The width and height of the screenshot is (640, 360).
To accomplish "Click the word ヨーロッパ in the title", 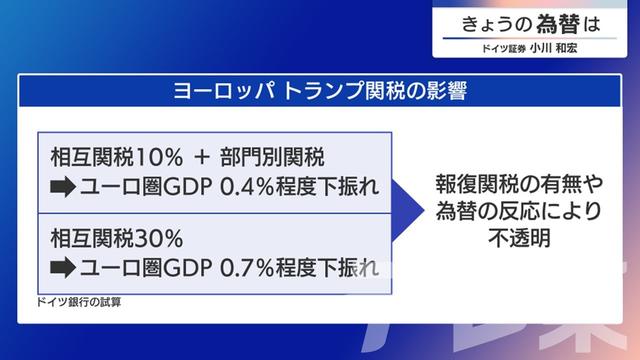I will click(x=211, y=92).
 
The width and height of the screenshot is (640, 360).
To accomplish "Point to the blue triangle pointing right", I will click(x=402, y=213).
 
